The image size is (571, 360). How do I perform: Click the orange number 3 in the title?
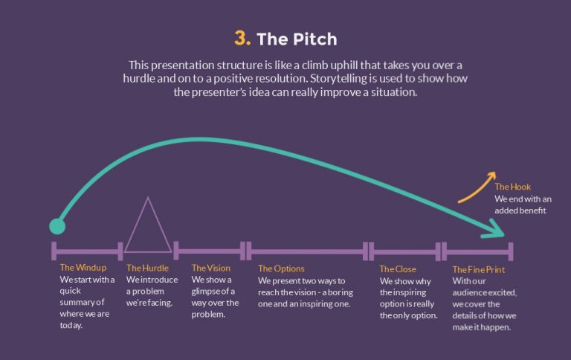[x=242, y=38]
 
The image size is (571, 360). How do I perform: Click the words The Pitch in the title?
[x=297, y=39]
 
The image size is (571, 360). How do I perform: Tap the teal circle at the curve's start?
[x=57, y=225]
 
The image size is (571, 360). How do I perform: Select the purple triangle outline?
[x=148, y=227]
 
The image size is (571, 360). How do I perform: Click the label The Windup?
[x=83, y=268]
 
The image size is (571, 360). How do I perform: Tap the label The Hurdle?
[x=147, y=268]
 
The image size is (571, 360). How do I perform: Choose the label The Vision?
[x=211, y=268]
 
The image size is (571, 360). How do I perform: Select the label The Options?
[x=281, y=269]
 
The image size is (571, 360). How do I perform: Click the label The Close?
[x=398, y=269]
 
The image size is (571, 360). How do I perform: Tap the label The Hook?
[x=513, y=187]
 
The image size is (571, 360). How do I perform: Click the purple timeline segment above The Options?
[x=308, y=251]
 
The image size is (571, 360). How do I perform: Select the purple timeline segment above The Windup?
[x=86, y=251]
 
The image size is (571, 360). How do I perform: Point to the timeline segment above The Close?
[x=404, y=251]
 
